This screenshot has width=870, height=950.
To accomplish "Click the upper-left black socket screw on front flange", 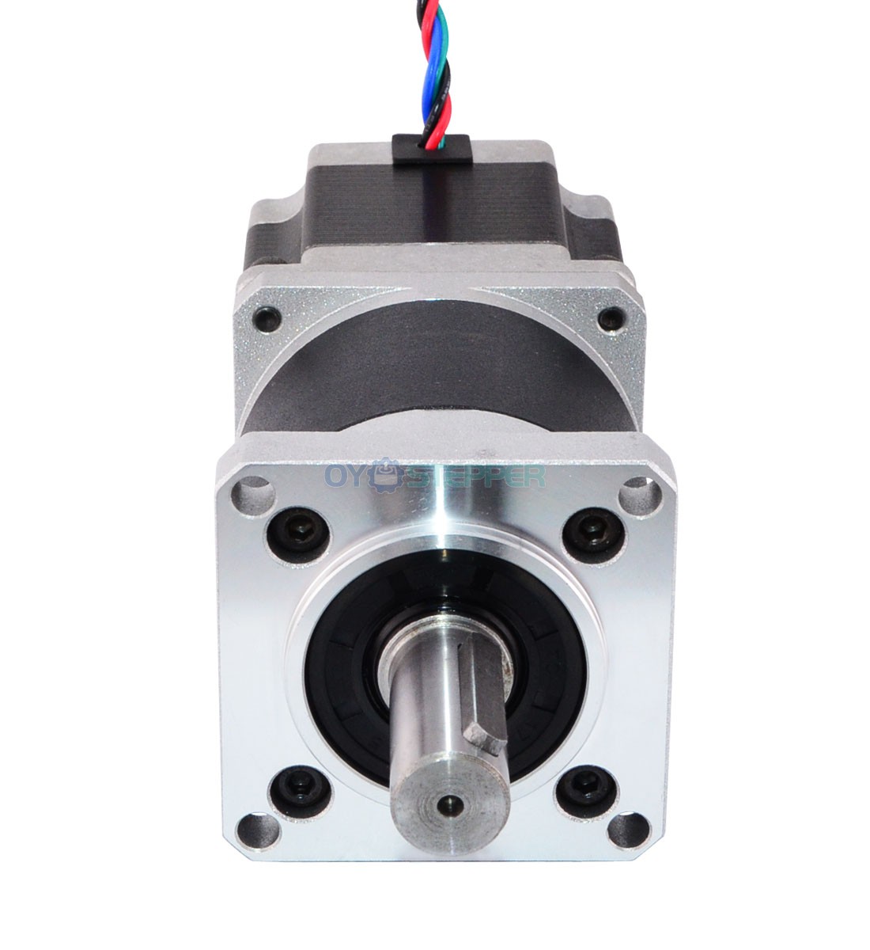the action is point(297,534).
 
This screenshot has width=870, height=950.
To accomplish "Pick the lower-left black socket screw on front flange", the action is point(300,796).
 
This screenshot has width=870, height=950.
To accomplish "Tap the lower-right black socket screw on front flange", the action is point(586,795).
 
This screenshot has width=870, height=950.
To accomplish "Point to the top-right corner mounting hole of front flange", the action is point(641,494).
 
